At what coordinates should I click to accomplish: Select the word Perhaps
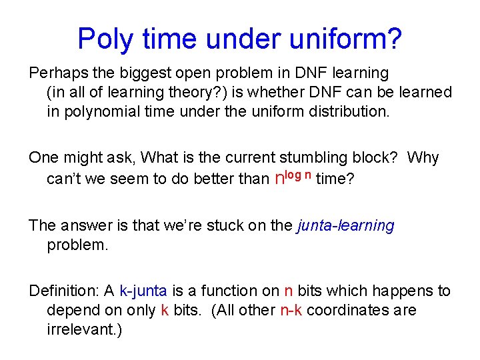tap(54, 72)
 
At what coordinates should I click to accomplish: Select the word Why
tap(423, 158)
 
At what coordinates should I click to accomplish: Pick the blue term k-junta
tap(143, 291)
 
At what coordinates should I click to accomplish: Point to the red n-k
tap(291, 311)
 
